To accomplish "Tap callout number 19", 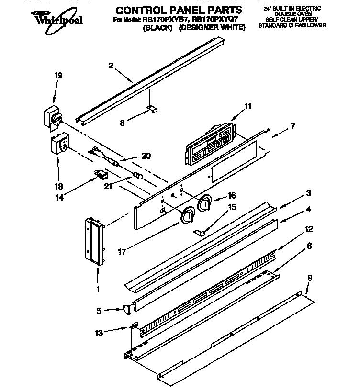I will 58,76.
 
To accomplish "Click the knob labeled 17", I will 187,216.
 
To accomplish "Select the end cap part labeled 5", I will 126,310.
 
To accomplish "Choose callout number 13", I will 99,332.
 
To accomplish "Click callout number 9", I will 310,277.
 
